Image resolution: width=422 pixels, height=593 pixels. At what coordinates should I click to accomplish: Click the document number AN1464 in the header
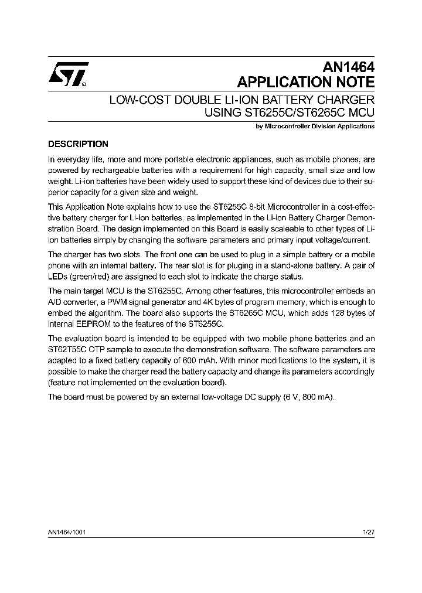pyautogui.click(x=348, y=67)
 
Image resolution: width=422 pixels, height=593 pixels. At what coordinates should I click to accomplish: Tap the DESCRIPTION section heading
pyautogui.click(x=78, y=144)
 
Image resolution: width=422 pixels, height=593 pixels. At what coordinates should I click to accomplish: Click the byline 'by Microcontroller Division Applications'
pyautogui.click(x=316, y=126)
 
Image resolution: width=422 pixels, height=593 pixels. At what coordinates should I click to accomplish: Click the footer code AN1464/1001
pyautogui.click(x=68, y=531)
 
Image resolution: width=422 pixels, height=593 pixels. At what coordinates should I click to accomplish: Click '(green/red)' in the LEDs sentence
pyautogui.click(x=90, y=277)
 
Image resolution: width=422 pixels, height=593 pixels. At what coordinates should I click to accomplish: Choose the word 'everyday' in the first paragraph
pyautogui.click(x=74, y=159)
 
